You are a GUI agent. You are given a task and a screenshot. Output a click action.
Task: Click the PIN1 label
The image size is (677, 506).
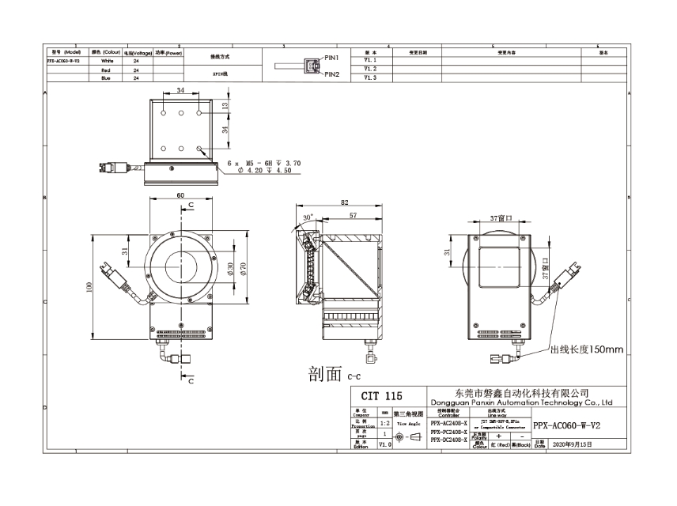pos(331,59)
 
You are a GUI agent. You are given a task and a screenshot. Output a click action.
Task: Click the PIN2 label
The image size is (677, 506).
pos(331,74)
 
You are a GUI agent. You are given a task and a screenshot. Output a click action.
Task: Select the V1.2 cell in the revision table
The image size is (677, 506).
pos(370,69)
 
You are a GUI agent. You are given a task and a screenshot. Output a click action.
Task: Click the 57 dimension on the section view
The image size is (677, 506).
pos(354,215)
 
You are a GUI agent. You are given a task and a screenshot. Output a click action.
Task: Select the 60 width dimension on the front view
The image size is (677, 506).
pos(180,194)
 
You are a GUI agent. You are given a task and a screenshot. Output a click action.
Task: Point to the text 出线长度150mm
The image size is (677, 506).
pos(587,349)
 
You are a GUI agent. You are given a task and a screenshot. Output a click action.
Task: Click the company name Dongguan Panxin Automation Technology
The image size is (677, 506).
pos(523,402)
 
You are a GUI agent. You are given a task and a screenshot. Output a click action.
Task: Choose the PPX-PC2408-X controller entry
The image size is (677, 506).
pos(448,432)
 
